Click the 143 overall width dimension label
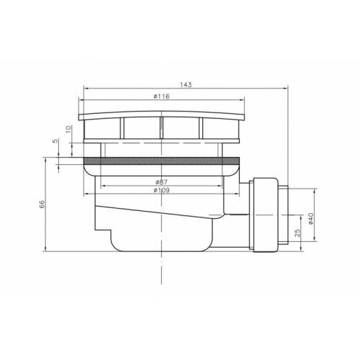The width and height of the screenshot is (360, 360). click(x=186, y=85)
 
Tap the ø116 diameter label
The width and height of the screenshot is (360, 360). click(x=161, y=96)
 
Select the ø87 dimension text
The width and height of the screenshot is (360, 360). click(x=161, y=182)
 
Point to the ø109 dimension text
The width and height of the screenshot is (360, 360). click(x=161, y=190)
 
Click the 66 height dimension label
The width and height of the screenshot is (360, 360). click(x=42, y=204)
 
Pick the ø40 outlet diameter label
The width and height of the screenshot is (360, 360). click(x=311, y=218)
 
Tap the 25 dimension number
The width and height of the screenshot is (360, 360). click(x=297, y=233)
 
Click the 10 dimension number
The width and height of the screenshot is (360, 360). click(x=68, y=129)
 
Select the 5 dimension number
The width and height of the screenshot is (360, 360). click(x=55, y=141)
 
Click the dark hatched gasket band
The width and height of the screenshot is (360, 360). click(x=161, y=161)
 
